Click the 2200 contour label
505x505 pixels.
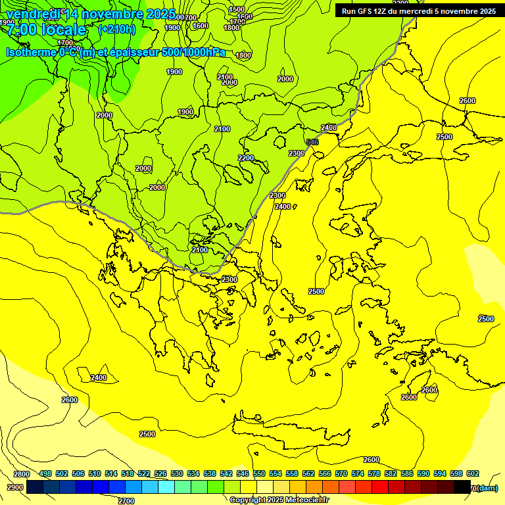[x=246, y=158]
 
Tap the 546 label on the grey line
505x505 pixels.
[x=312, y=142]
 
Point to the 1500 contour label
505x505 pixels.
[x=237, y=10]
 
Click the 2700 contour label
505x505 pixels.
[x=126, y=501]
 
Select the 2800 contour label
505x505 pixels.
[x=22, y=474]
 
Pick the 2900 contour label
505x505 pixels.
[x=14, y=487]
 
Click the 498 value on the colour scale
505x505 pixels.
[x=45, y=474]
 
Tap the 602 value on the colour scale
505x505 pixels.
[x=472, y=474]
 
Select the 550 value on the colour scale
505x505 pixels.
[x=259, y=474]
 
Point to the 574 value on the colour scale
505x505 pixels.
[x=358, y=474]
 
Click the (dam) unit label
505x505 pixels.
[x=487, y=488]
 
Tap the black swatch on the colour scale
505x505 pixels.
[x=462, y=487]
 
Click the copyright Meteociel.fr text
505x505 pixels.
[x=279, y=500]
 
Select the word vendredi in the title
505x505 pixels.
[x=34, y=14]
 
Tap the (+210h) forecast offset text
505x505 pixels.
[x=116, y=29]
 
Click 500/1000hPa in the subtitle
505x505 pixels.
[x=193, y=52]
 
